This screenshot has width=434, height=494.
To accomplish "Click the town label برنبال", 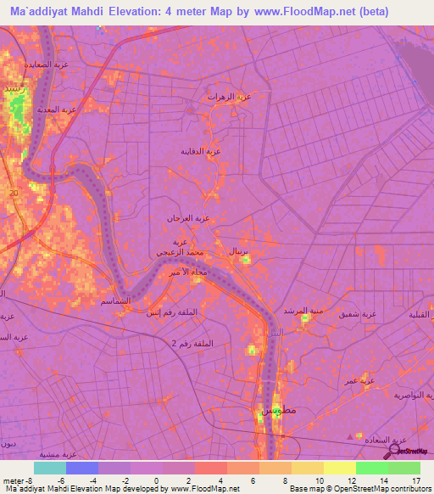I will (x=239, y=252).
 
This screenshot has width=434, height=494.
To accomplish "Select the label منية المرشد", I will (x=303, y=312).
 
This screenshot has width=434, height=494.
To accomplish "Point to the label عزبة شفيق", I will (x=358, y=314).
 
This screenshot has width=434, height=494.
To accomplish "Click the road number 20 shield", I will (x=13, y=194).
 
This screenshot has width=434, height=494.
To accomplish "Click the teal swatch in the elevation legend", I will (x=50, y=468).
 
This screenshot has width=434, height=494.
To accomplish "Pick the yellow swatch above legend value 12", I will (x=339, y=468).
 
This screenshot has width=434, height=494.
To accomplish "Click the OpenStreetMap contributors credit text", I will (x=381, y=489).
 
